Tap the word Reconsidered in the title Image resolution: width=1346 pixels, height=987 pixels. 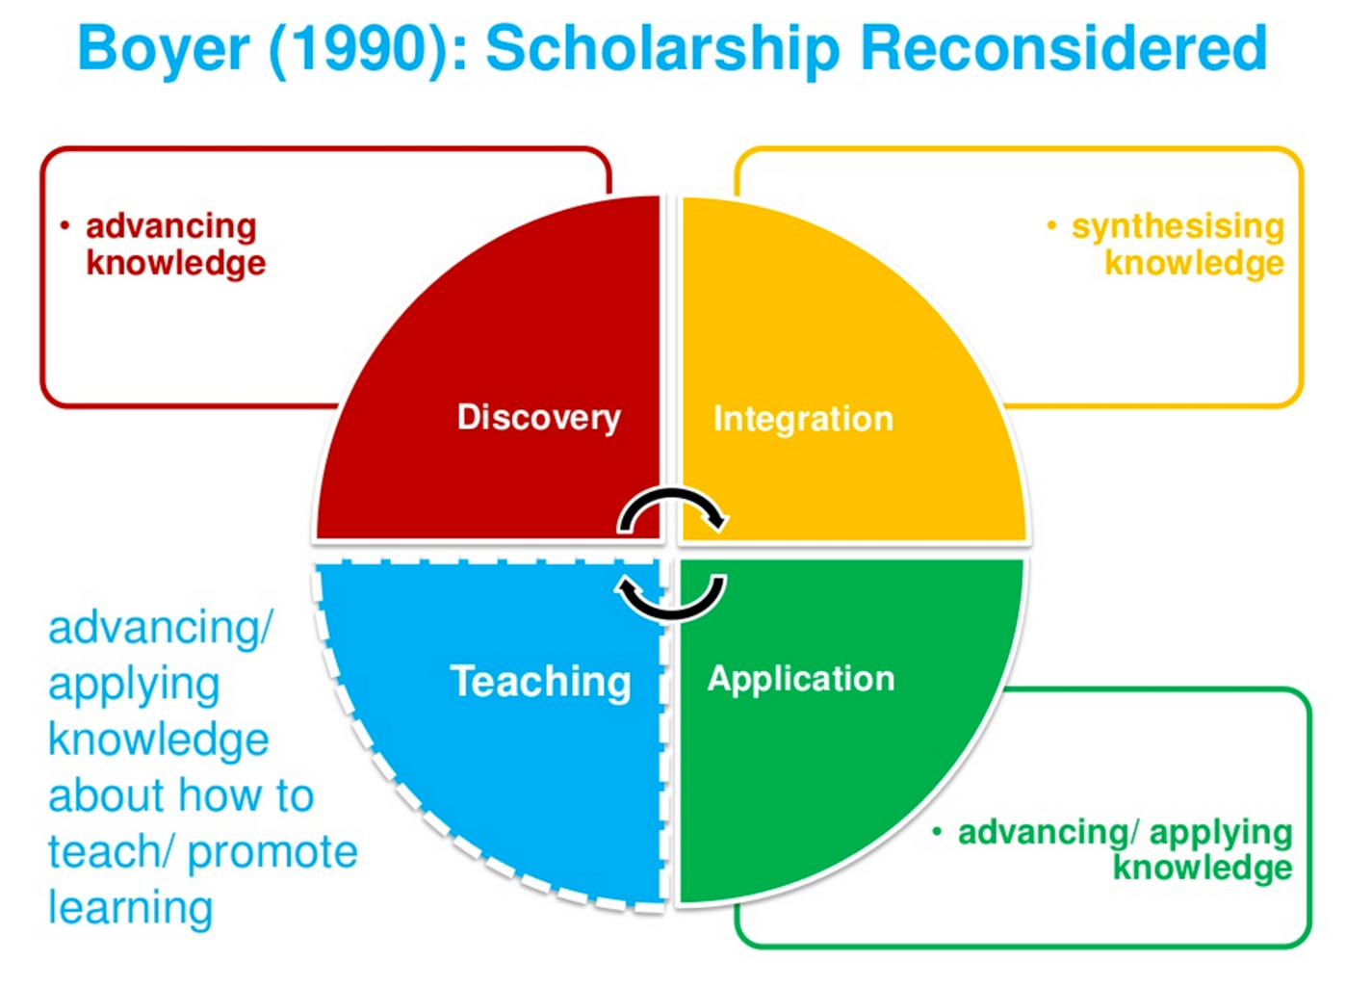pyautogui.click(x=1064, y=48)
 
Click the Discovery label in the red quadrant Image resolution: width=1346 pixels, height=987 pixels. pyautogui.click(x=538, y=418)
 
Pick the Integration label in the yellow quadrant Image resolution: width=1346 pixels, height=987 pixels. pyautogui.click(x=803, y=418)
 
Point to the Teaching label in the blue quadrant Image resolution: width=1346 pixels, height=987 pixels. pyautogui.click(x=541, y=682)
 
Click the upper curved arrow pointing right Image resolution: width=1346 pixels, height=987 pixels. pyautogui.click(x=672, y=492)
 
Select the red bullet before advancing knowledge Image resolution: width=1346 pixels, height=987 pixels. pyautogui.click(x=65, y=226)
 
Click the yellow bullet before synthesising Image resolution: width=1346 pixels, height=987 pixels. pyautogui.click(x=1051, y=226)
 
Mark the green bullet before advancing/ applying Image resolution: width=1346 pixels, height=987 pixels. pyautogui.click(x=937, y=832)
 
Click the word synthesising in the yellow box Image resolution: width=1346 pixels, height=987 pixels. pyautogui.click(x=1178, y=228)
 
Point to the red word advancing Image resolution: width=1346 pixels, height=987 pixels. pyautogui.click(x=171, y=228)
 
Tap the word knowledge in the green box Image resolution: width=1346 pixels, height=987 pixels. pyautogui.click(x=1203, y=868)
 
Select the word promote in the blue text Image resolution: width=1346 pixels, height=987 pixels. pyautogui.click(x=272, y=852)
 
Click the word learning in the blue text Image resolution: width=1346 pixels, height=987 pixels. pyautogui.click(x=130, y=908)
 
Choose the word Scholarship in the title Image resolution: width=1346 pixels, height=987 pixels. pyautogui.click(x=662, y=50)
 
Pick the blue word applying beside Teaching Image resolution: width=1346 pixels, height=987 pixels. pyautogui.click(x=134, y=686)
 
